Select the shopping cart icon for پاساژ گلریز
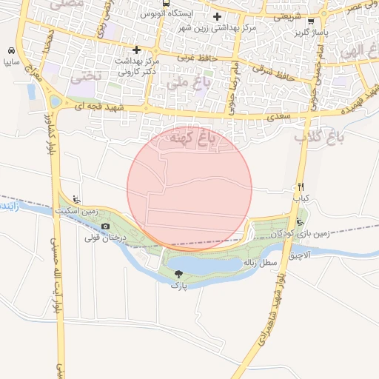[311, 21]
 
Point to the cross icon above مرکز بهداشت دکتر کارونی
[136, 50]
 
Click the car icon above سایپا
[11, 51]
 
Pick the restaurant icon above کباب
[301, 187]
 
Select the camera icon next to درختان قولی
[105, 226]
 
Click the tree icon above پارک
[178, 273]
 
